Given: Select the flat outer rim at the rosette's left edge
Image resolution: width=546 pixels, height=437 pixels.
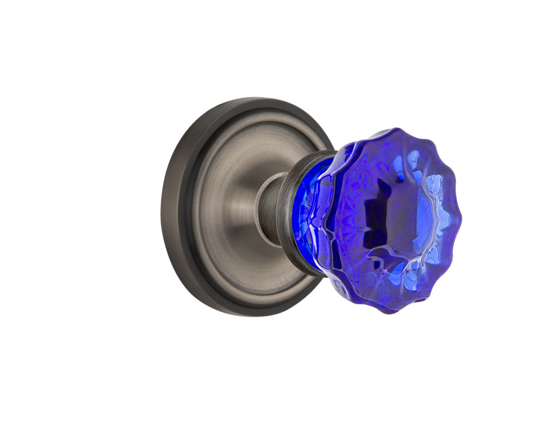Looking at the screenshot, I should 170,208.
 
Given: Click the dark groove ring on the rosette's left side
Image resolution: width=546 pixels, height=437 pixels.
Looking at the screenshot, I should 188,208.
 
